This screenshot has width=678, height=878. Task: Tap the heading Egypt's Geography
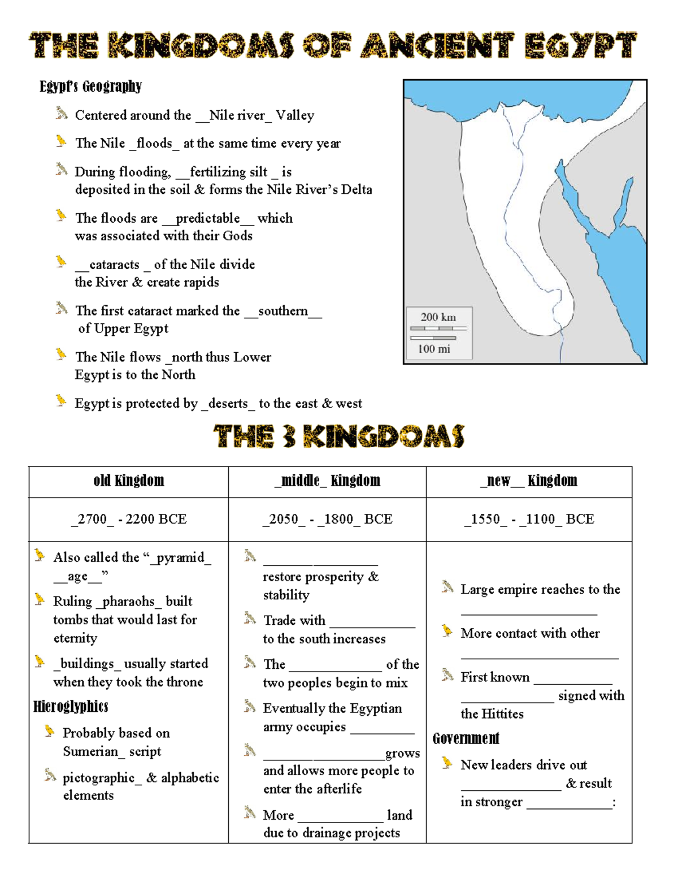[90, 86]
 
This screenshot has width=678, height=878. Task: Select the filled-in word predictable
[207, 218]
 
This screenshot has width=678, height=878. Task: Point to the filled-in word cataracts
[114, 265]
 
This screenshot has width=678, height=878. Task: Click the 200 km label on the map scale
[438, 317]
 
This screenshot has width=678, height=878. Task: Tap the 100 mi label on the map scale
[434, 349]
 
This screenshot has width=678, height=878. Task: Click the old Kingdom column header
[129, 481]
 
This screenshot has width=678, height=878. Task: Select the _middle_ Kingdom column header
[327, 481]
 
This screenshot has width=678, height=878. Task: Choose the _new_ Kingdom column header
[529, 481]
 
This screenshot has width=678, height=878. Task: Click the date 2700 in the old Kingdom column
[92, 519]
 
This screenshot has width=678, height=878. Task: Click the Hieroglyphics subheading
[71, 707]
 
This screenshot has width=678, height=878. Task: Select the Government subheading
[466, 738]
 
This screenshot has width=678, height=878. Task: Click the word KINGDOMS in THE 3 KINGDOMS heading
[384, 436]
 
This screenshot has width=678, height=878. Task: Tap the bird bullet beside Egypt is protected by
[61, 401]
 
